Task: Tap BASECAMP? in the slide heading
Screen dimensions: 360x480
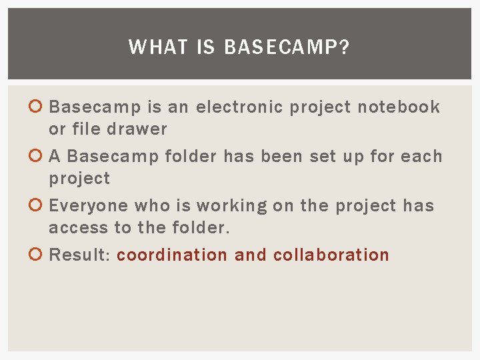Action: coord(287,47)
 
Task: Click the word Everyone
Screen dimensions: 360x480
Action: coord(89,206)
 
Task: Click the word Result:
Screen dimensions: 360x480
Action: coord(80,255)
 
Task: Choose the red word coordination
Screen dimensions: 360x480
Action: coord(172,255)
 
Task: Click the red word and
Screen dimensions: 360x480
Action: coord(251,255)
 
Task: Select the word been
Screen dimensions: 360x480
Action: coord(282,157)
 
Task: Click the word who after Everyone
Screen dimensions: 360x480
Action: coord(153,206)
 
